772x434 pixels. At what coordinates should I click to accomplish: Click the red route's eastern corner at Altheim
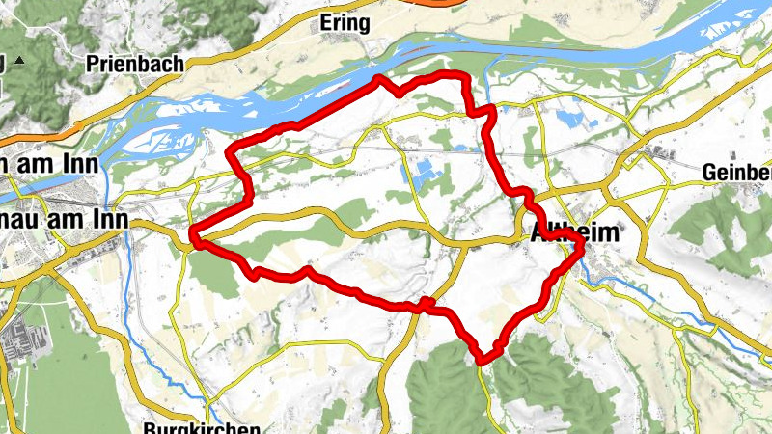582,250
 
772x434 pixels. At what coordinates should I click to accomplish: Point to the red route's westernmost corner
194,234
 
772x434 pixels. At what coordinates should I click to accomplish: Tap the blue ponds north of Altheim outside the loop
569,120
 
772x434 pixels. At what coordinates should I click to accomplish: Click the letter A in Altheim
539,233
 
